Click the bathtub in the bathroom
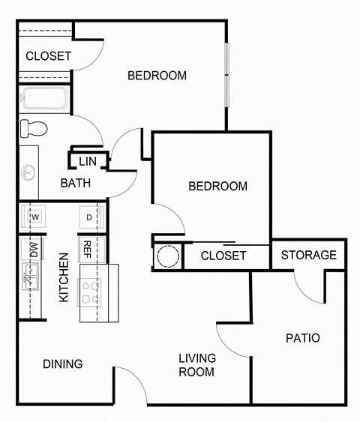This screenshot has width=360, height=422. (45, 99)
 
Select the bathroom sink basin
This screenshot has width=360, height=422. (29, 172)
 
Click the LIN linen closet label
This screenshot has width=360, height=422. (88, 160)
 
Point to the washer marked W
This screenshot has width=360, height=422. (34, 217)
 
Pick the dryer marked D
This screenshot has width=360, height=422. (89, 217)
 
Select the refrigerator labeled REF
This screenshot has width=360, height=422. (88, 248)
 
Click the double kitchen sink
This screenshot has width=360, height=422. (31, 281)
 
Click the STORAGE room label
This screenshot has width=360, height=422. (308, 255)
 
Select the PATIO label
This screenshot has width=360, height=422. (302, 338)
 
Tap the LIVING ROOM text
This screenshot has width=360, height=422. (196, 364)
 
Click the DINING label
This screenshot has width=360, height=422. (62, 364)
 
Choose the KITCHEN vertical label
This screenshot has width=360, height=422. (64, 277)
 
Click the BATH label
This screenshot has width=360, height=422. (76, 183)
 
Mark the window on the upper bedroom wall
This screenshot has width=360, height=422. (226, 75)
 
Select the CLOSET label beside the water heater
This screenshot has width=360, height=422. (223, 256)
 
